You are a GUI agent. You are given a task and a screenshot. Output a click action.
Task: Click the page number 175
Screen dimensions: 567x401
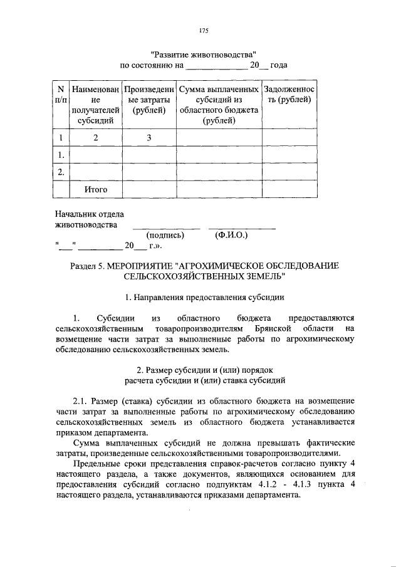[203, 31]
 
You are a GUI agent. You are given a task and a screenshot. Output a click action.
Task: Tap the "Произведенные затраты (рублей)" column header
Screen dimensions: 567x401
[148, 100]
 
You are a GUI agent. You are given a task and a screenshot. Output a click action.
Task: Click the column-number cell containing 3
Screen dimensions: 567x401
[149, 138]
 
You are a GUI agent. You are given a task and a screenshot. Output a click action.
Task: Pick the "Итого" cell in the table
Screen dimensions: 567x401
[96, 189]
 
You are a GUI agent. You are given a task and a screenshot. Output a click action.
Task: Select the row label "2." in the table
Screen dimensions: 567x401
[61, 172]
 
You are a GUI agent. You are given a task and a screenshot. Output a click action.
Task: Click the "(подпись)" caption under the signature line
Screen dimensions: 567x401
[165, 236]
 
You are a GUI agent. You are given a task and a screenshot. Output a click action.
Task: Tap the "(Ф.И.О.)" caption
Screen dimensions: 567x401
[231, 236]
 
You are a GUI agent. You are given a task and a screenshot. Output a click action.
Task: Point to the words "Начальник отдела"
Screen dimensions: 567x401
[89, 214]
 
